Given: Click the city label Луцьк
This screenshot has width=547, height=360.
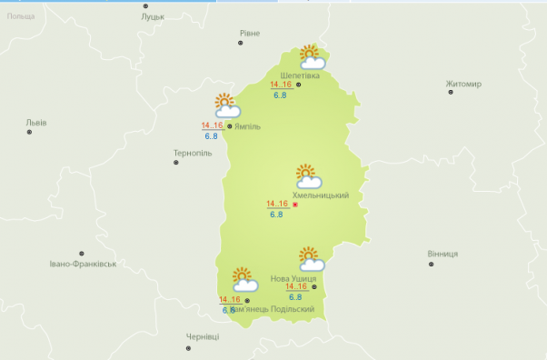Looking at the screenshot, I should coord(153,16).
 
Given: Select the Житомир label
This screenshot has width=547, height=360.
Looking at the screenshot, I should coord(463,84).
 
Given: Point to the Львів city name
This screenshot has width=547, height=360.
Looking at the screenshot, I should coord(36,122).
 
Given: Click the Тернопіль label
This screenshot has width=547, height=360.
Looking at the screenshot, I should coord(192,153).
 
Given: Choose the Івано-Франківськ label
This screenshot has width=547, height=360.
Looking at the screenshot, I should coord(84,264).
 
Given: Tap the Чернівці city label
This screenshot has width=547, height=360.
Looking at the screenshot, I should coord(203,336).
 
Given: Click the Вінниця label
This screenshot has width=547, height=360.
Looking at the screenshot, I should coord(442,254).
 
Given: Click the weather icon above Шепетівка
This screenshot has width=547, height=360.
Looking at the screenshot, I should coord(313,57).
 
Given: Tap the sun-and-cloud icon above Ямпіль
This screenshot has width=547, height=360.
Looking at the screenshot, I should coord(225,105).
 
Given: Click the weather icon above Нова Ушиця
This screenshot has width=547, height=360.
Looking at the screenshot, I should coord(311,258).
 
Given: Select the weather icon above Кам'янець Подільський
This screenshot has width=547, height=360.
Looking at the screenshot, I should coord(244,279).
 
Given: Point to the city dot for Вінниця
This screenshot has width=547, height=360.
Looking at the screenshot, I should coord(431,265).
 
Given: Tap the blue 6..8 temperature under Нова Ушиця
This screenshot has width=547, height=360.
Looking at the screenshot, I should coord(295,297).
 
